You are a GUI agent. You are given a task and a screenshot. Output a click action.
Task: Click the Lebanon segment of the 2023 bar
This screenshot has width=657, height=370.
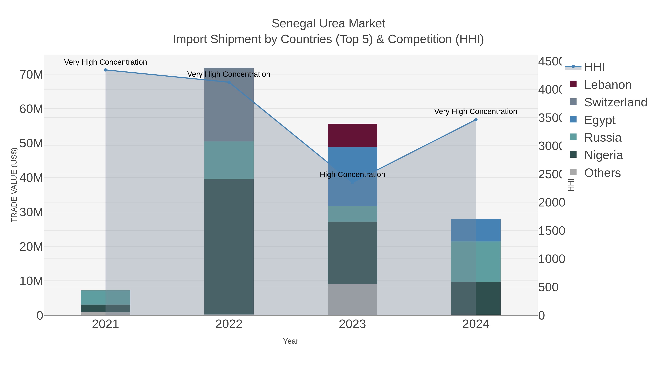[x=352, y=135]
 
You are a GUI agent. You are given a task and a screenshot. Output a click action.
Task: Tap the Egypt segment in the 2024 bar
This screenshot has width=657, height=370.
[x=476, y=230]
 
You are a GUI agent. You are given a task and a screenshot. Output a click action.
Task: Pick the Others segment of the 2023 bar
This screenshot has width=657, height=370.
[x=352, y=299]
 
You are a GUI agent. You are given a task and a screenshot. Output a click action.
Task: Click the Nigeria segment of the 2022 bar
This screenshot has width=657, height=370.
[x=229, y=246]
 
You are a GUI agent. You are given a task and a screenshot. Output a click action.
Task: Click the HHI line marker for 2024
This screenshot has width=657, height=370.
[x=476, y=120]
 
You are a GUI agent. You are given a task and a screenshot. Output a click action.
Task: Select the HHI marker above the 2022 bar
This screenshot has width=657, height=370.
[x=229, y=82]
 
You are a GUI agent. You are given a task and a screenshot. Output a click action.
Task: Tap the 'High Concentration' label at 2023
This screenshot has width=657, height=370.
[x=352, y=175]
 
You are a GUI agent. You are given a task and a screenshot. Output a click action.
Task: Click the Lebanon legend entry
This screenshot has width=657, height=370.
[x=608, y=85]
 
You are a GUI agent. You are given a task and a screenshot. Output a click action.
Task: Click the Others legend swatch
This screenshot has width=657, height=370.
[x=573, y=172]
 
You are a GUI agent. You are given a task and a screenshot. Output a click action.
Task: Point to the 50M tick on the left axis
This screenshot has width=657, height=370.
[x=31, y=143]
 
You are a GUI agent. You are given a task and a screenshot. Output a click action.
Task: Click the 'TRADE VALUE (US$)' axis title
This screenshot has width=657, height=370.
[x=14, y=185]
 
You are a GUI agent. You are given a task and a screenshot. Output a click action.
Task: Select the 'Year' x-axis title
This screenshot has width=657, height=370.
[x=291, y=341]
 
